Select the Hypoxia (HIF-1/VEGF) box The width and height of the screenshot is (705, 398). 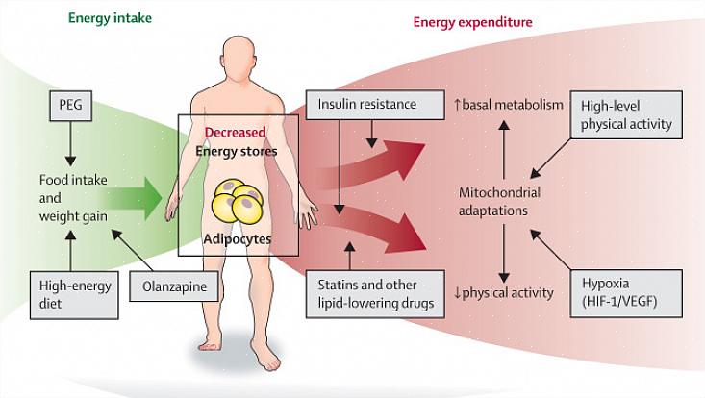[630, 292]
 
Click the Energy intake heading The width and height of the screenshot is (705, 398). [111, 16]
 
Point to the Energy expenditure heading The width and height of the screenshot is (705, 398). [472, 21]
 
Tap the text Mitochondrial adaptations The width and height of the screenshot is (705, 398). [500, 199]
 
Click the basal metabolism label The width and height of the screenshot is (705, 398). [509, 104]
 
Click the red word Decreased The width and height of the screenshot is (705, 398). [236, 134]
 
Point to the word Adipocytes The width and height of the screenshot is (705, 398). [236, 236]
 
